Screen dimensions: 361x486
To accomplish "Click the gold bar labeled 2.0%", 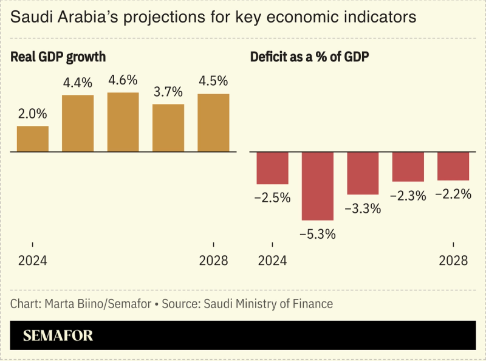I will point(33,139).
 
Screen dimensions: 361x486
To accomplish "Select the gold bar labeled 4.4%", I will point(78,123).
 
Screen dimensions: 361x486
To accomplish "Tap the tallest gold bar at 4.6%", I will point(123,122).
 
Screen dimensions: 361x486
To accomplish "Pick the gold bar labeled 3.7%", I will point(168,128).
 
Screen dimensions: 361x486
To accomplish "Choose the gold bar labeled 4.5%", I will point(213,123).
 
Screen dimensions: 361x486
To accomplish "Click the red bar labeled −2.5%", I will point(272,168).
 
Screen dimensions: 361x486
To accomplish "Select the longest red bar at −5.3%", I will point(318,186).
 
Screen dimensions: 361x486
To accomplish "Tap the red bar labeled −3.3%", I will point(363,173).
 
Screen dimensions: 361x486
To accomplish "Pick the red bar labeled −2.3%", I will point(408,167).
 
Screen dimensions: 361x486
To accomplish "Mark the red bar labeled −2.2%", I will point(453,166).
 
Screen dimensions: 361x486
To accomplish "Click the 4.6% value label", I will point(123,80).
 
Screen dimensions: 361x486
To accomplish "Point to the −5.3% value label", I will point(318,234).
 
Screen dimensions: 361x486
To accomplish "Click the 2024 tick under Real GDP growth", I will point(33,261).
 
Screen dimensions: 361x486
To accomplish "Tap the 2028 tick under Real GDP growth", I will point(213,261).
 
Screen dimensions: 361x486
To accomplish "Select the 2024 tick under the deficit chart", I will point(272,261).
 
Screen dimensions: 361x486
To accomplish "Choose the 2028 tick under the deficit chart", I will point(453,261).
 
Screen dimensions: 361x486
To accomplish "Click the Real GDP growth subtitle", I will point(58,57).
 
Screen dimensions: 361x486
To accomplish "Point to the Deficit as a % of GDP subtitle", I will point(310,57).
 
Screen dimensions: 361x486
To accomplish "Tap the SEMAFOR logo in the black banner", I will point(58,335).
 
